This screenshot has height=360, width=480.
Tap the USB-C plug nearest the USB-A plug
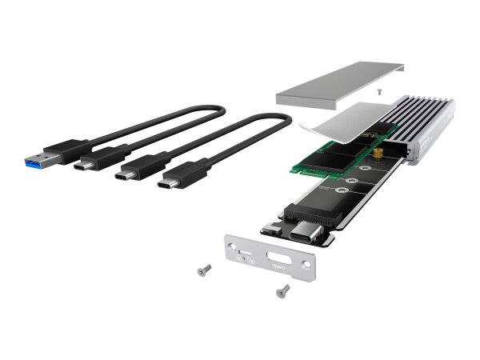[x=87, y=166]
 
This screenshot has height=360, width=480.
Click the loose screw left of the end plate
[x=204, y=270]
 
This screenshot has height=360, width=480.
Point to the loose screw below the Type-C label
[x=282, y=291]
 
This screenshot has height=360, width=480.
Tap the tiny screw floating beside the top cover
[x=378, y=93]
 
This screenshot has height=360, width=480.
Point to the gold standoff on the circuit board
[x=374, y=152]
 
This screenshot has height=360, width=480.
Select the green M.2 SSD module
[x=320, y=160]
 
